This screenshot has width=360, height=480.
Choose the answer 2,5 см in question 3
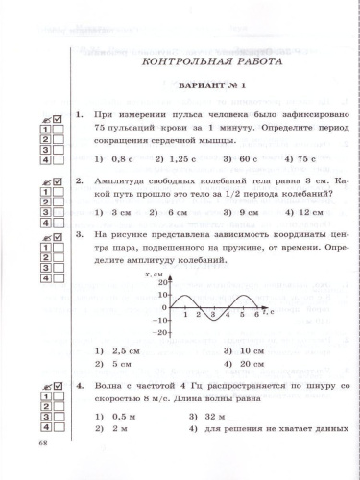119,351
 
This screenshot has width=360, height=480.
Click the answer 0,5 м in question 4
119,418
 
